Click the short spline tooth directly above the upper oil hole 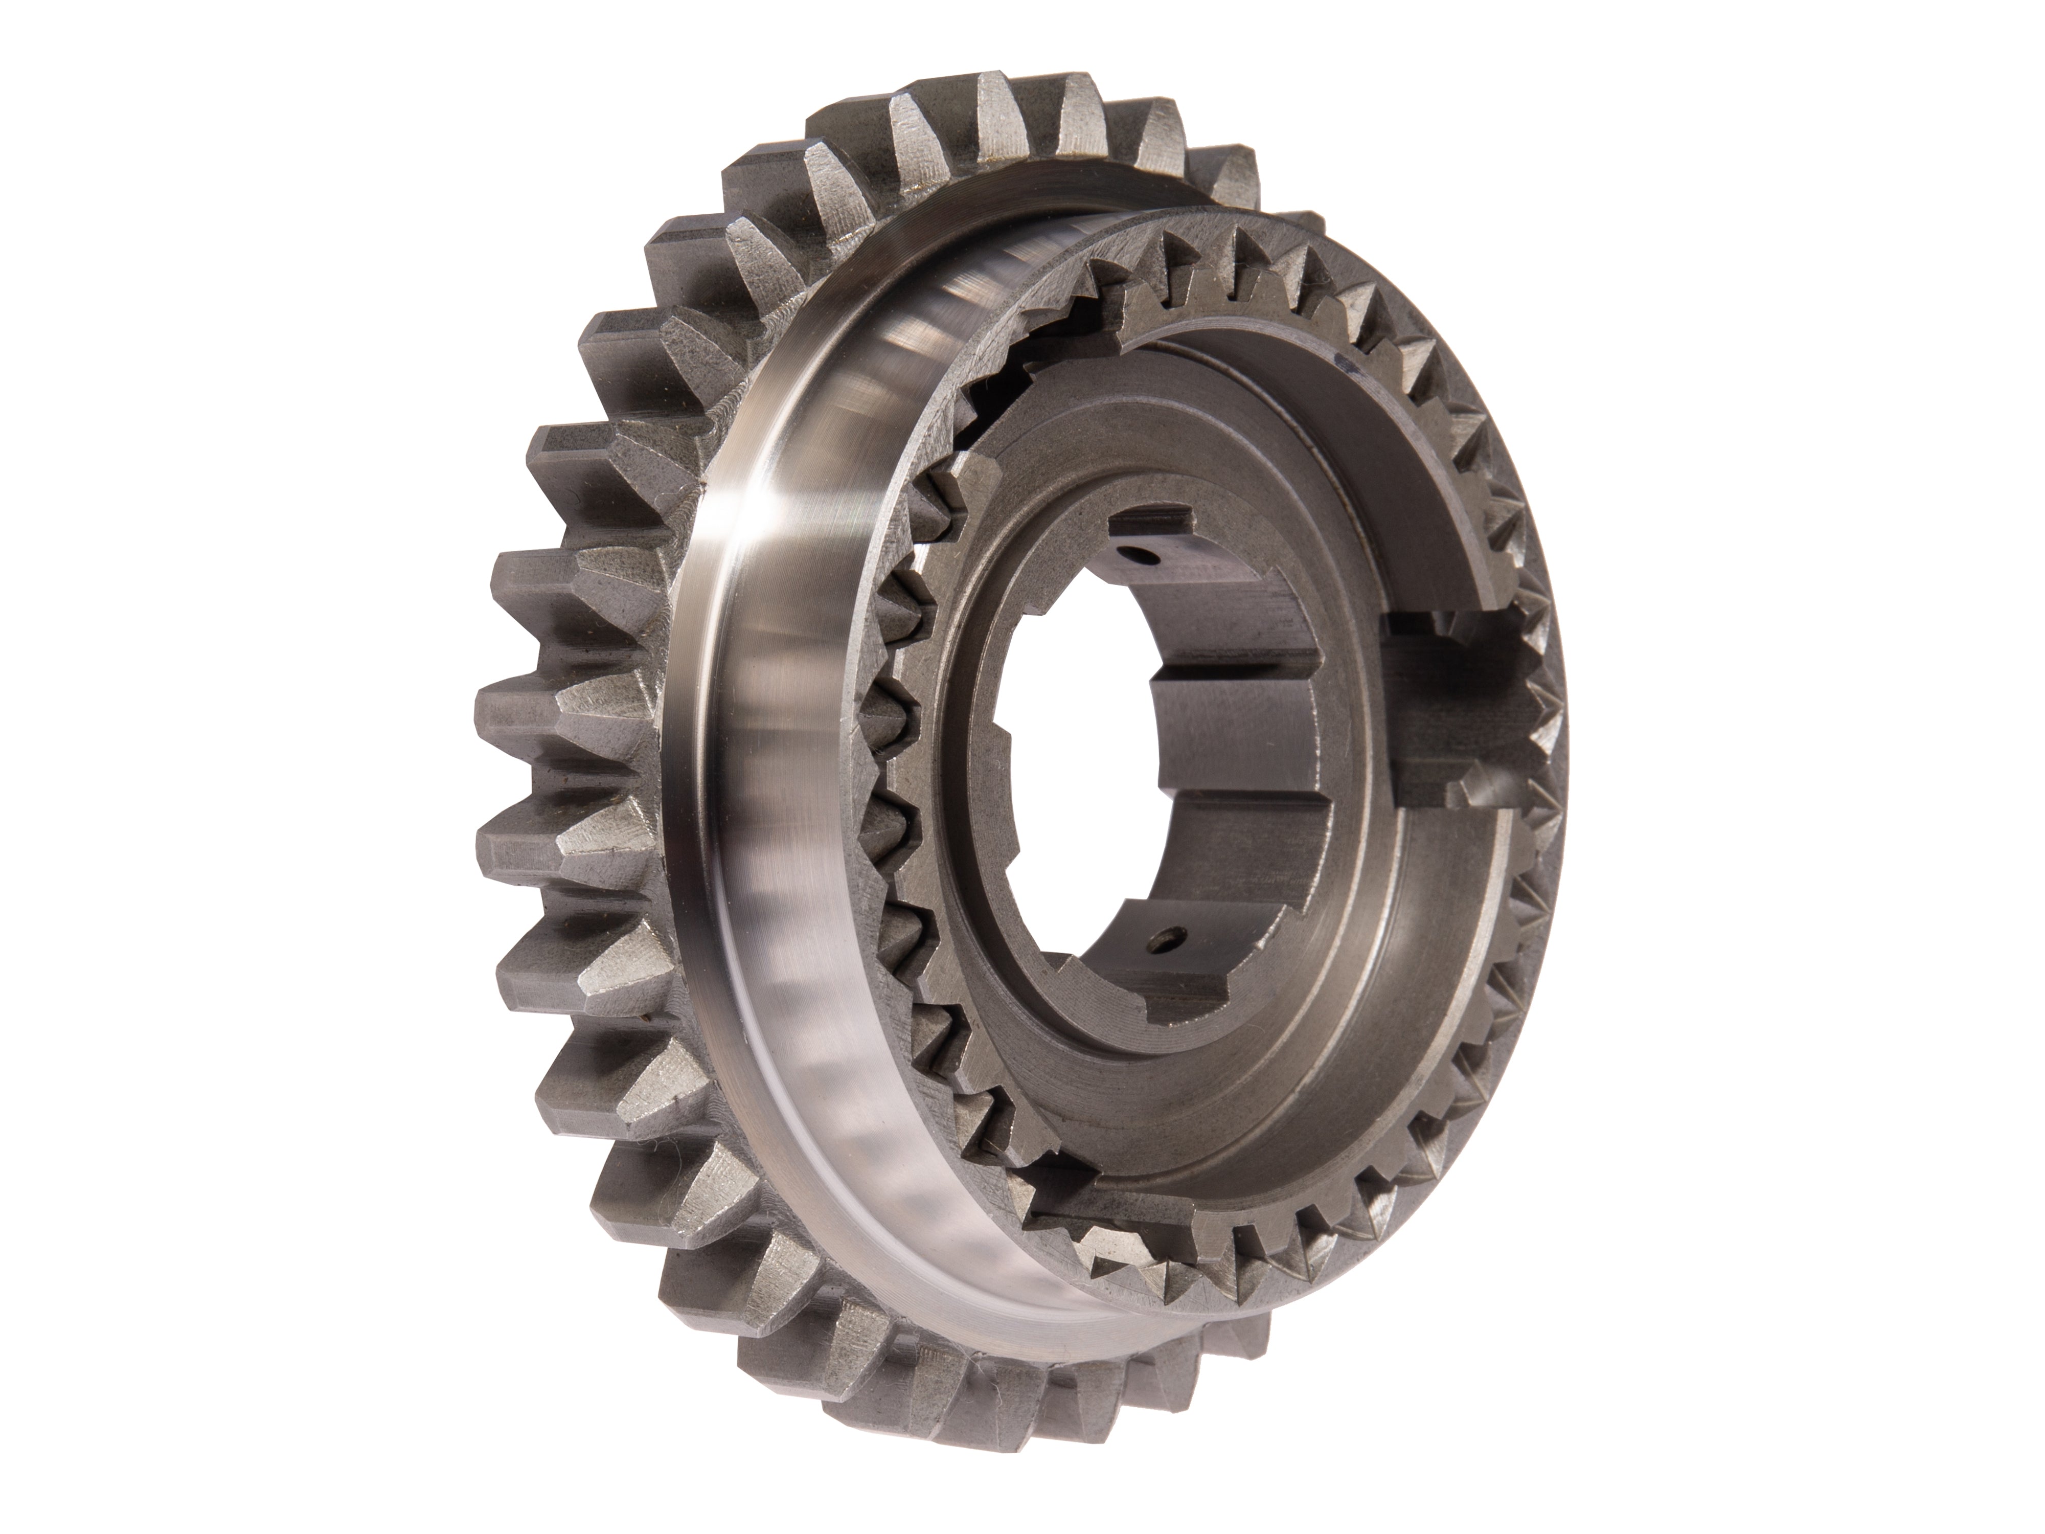1155,518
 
